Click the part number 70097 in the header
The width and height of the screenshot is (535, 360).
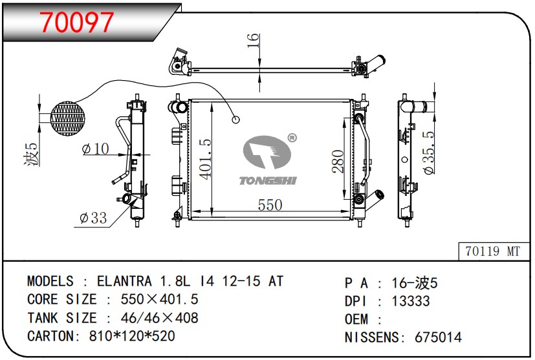click(x=77, y=23)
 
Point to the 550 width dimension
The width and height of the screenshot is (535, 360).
click(x=270, y=205)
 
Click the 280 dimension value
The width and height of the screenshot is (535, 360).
click(x=338, y=160)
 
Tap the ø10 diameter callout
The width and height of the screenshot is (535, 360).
click(x=96, y=149)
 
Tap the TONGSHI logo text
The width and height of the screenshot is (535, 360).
click(x=268, y=180)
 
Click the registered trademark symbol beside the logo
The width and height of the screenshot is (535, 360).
click(x=292, y=138)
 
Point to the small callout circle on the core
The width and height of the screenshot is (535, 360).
click(x=236, y=119)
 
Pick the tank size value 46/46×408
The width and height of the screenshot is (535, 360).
click(x=160, y=318)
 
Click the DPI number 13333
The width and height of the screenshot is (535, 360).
click(x=411, y=301)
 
